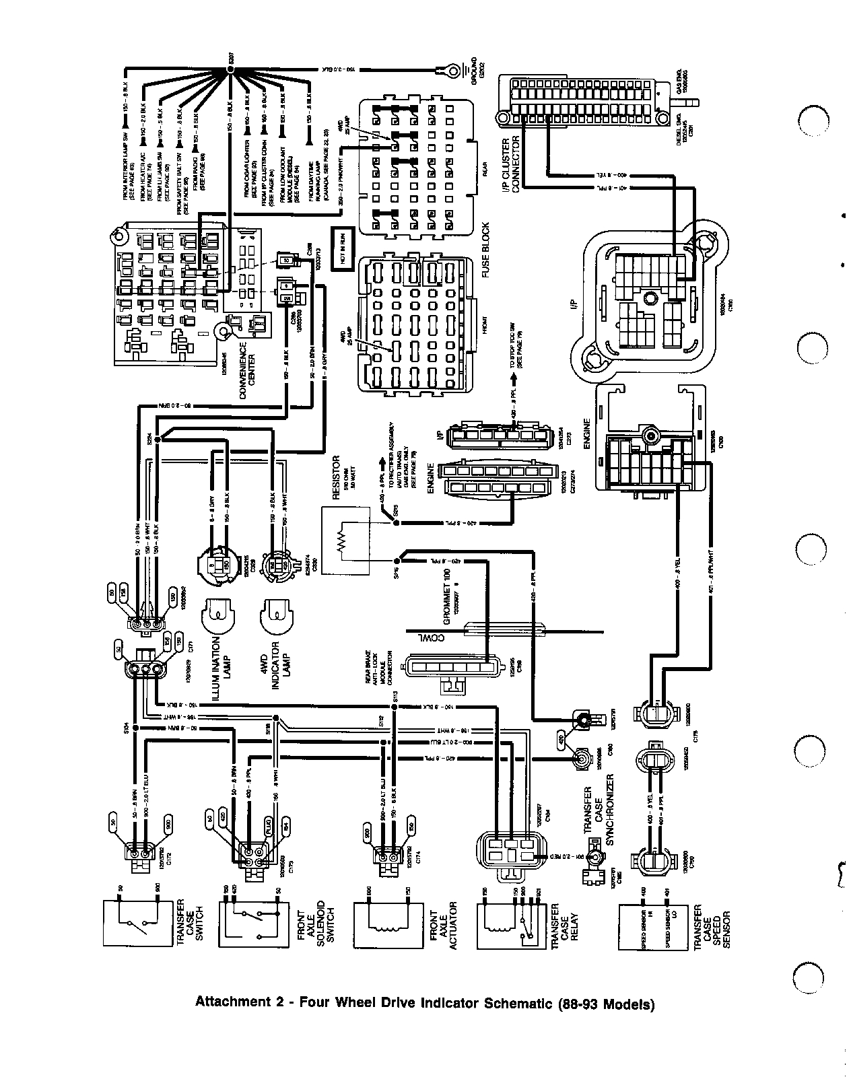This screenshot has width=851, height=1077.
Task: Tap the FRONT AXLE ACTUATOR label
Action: (442, 926)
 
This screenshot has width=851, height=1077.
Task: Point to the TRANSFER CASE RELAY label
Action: (564, 926)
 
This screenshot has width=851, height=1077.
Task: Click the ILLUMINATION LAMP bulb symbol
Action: (218, 612)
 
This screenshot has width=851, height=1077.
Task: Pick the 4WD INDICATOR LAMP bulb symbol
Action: (277, 612)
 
